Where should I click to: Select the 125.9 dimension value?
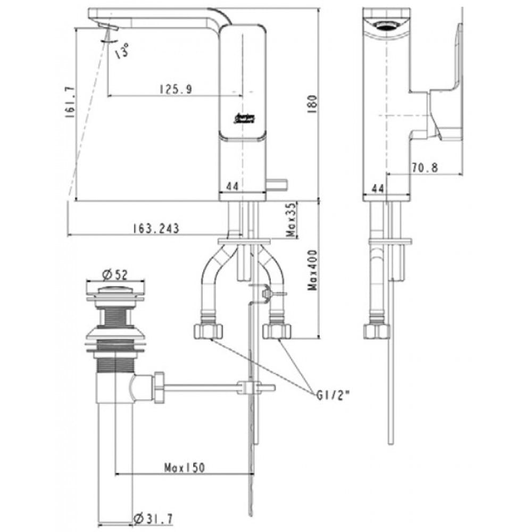click(x=174, y=89)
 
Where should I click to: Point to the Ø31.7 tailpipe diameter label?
click(x=153, y=517)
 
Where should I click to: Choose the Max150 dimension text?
click(x=184, y=468)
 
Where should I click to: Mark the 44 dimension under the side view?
click(x=378, y=188)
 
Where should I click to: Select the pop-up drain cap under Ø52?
click(x=115, y=290)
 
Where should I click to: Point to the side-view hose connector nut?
click(x=377, y=331)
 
